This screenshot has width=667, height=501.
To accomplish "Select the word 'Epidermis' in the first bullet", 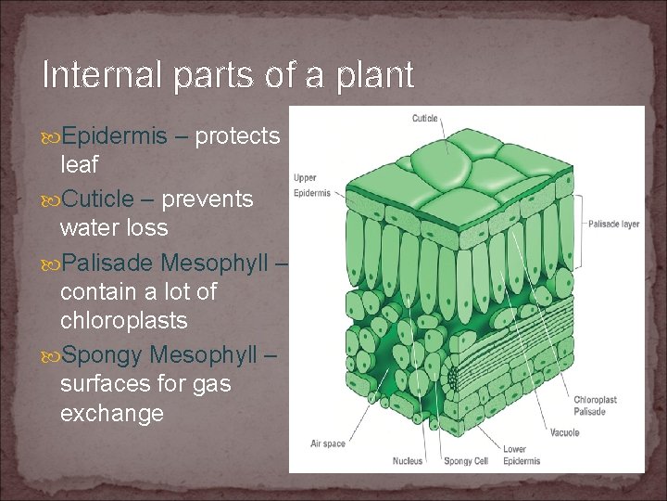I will pyautogui.click(x=117, y=137).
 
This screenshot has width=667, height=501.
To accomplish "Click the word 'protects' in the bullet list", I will pyautogui.click(x=238, y=137).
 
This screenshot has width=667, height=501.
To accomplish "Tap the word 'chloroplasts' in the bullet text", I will pyautogui.click(x=123, y=321).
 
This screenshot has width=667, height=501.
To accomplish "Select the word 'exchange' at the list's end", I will pyautogui.click(x=111, y=413).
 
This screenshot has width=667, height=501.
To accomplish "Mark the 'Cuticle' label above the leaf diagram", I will pyautogui.click(x=425, y=118).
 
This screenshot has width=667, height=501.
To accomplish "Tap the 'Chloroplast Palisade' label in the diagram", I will pyautogui.click(x=595, y=405).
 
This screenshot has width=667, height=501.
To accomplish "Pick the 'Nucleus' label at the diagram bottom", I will pyautogui.click(x=408, y=460).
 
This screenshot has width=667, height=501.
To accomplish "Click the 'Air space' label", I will pyautogui.click(x=328, y=443).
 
